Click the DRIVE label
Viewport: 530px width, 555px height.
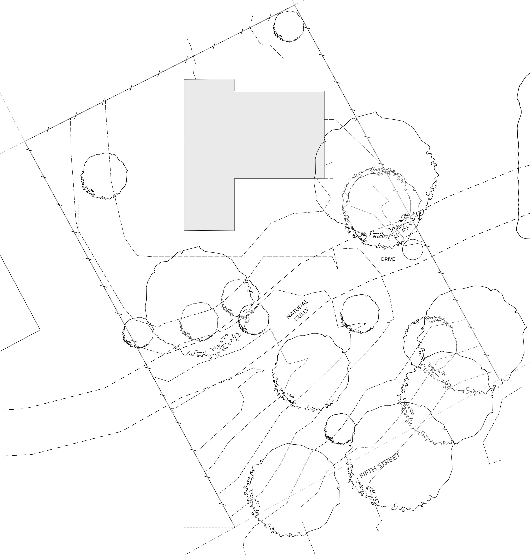(388, 259)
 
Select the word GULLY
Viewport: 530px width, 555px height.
(302, 314)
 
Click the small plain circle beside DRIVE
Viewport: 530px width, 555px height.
(413, 249)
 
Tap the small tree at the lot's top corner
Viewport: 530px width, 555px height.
(288, 26)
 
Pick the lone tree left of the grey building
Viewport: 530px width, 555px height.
(104, 176)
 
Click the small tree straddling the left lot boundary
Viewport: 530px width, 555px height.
(138, 333)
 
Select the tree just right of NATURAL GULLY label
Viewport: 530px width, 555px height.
(359, 314)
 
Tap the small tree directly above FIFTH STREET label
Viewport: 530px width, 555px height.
(340, 429)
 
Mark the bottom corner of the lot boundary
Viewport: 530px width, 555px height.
(234, 527)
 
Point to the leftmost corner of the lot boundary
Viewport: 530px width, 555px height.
(25, 141)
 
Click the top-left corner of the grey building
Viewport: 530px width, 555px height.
(184, 79)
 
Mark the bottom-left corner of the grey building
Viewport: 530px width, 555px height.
(184, 230)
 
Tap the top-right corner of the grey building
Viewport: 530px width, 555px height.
(324, 91)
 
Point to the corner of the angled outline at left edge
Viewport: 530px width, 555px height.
(40, 329)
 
